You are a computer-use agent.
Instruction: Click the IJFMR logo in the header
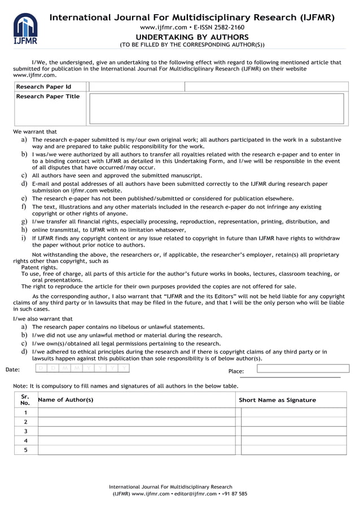[25, 29]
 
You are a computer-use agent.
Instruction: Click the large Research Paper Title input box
[217, 108]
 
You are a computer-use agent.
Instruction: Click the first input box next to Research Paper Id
[137, 87]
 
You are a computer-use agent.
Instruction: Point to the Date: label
[12, 370]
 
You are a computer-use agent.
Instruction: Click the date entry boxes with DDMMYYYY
[82, 368]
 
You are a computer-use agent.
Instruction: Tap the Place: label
[236, 371]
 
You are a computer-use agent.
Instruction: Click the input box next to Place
[302, 368]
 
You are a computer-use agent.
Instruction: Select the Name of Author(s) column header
[65, 400]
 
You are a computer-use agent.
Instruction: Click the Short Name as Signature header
[277, 400]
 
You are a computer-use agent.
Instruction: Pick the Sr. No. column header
[25, 400]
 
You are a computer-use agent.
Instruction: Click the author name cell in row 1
[136, 413]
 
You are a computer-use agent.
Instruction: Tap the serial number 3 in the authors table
[25, 431]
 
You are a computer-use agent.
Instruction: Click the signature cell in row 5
[293, 450]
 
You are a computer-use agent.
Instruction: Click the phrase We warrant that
[35, 131]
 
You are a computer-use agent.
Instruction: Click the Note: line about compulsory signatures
[125, 386]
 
